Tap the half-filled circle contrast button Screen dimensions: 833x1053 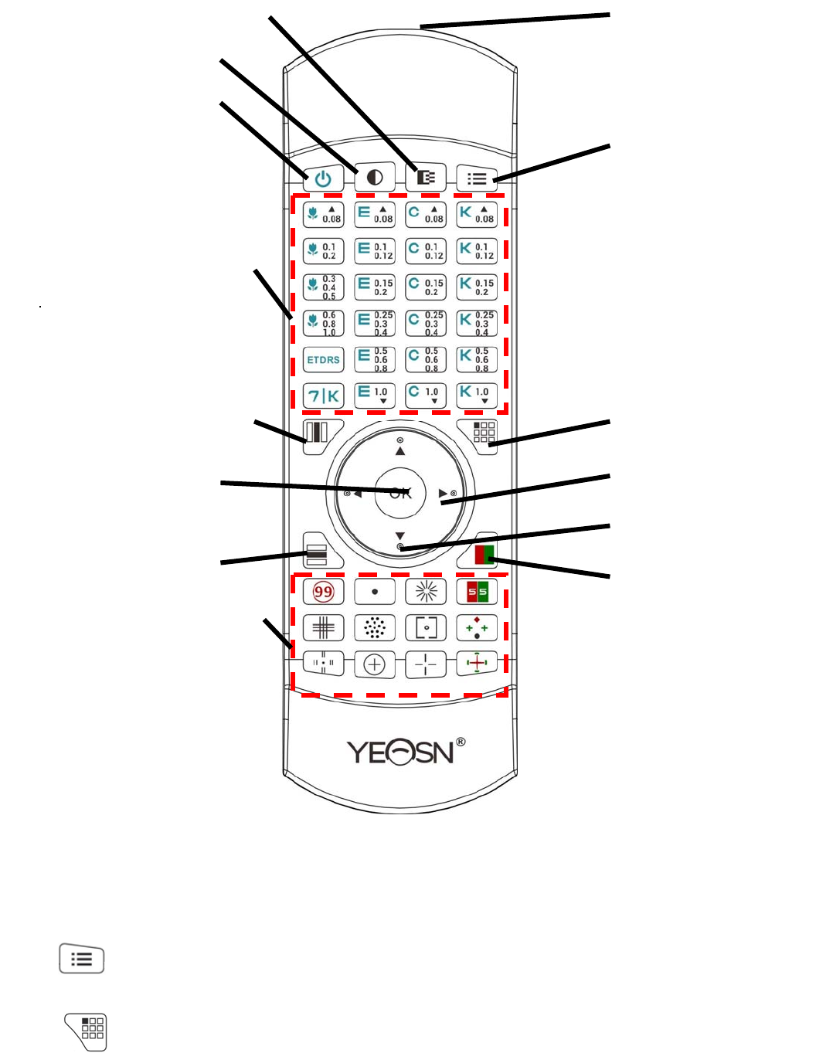point(375,178)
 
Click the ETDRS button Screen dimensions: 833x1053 point(323,360)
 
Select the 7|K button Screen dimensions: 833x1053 point(323,396)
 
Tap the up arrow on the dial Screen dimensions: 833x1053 point(399,450)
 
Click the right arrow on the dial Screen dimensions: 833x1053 point(443,493)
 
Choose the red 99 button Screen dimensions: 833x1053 point(323,593)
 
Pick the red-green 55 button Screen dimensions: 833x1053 point(477,593)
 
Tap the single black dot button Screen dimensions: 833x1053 point(375,593)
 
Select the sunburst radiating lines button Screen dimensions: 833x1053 point(426,593)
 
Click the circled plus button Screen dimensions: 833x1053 point(375,664)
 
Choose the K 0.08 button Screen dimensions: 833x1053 point(477,214)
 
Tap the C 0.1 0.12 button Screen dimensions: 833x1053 point(426,250)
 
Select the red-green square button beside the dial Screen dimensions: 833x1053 point(483,554)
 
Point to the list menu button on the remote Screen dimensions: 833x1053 point(477,178)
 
